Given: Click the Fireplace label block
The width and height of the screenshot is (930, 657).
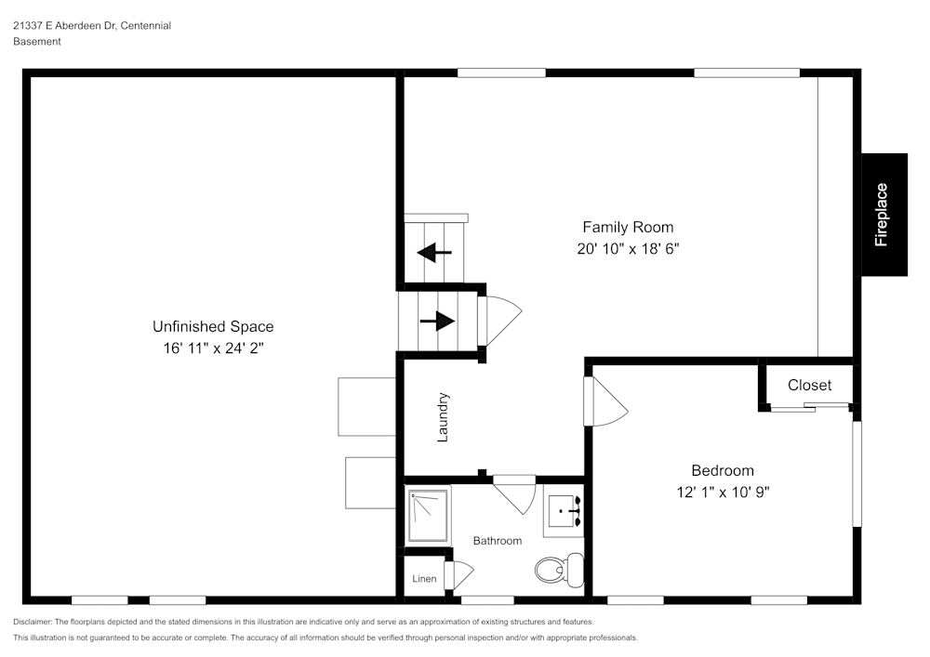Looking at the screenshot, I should [x=883, y=215].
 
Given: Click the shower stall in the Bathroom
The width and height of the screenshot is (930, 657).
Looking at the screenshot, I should [x=428, y=516].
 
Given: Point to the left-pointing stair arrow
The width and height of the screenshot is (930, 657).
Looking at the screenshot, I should [x=434, y=252].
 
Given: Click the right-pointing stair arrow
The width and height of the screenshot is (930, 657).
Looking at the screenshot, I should [x=437, y=322].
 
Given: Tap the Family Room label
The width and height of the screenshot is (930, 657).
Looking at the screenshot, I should [x=628, y=227].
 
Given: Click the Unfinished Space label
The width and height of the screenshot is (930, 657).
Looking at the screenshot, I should [x=213, y=326].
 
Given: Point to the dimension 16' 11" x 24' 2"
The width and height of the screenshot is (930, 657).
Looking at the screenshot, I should [x=213, y=348].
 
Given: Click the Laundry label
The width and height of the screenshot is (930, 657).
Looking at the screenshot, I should [x=443, y=416].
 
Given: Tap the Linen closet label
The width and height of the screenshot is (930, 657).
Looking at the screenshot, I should [x=424, y=579].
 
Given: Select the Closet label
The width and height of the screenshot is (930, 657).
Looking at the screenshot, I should [x=809, y=385].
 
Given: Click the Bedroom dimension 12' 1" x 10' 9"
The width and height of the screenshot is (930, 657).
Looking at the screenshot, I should [x=723, y=493].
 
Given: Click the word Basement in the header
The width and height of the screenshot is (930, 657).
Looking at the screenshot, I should [x=37, y=42].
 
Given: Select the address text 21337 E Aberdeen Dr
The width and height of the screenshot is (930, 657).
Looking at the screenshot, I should [x=64, y=26].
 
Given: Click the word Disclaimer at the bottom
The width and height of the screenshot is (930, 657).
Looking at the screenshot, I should [x=33, y=622].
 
